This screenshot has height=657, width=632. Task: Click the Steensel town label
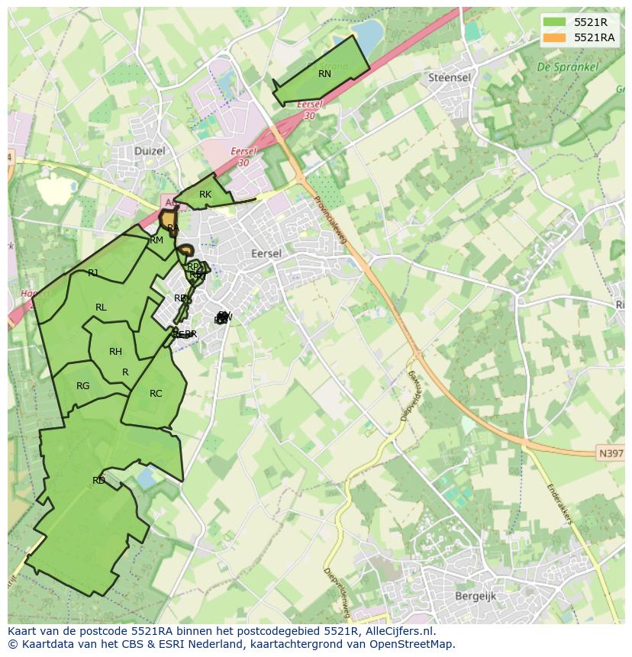449,78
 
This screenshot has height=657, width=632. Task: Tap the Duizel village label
150,151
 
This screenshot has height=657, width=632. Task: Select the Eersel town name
266,253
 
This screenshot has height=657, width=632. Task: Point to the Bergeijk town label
476,596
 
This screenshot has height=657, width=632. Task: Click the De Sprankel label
568,67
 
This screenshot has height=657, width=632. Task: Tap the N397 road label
610,453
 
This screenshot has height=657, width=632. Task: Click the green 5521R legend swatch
554,22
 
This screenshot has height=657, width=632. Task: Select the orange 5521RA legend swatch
554,37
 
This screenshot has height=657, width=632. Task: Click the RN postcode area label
324,74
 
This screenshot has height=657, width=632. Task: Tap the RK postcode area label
205,195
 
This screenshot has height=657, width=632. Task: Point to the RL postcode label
101,308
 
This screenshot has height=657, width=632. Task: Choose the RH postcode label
115,352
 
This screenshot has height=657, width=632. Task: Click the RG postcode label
83,386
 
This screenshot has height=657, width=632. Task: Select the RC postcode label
156,394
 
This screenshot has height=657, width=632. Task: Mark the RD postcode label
98,481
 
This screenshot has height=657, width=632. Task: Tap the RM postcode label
156,240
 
